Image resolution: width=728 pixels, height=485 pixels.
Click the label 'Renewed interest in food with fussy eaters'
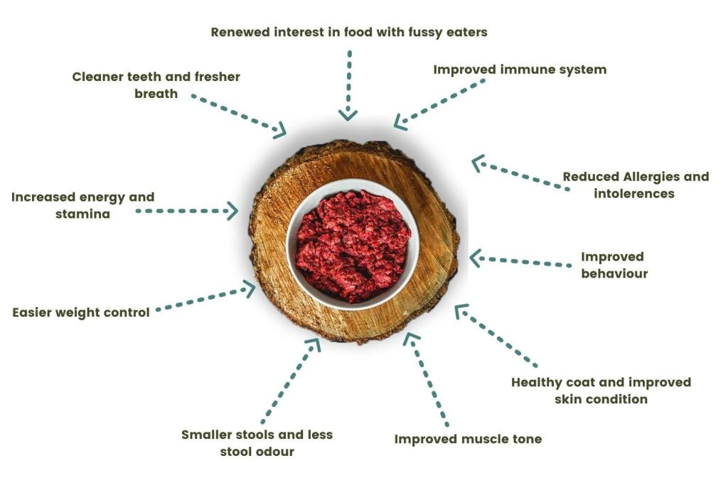pyautogui.click(x=349, y=32)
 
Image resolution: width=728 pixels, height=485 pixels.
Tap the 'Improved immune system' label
pyautogui.click(x=520, y=70)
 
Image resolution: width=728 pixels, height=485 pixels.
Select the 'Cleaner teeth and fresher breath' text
pyautogui.click(x=156, y=85)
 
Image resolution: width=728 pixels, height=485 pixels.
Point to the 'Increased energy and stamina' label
pyautogui.click(x=82, y=205)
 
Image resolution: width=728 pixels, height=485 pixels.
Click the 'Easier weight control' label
pyautogui.click(x=81, y=312)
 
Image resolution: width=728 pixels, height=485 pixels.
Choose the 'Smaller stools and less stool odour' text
pyautogui.click(x=257, y=442)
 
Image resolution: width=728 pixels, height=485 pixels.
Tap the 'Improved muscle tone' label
pyautogui.click(x=468, y=439)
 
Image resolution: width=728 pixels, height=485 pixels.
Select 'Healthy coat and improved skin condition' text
pyautogui.click(x=601, y=390)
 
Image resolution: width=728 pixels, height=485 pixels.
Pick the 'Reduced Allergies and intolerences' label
pyautogui.click(x=636, y=184)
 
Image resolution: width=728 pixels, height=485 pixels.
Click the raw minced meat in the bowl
pyautogui.click(x=353, y=245)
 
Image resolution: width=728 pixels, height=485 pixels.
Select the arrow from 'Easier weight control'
pyautogui.click(x=206, y=299)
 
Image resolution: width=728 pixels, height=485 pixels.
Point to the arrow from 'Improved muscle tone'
pyautogui.click(x=427, y=380)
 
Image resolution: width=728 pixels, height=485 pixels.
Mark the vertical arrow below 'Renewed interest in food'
pyautogui.click(x=348, y=85)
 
